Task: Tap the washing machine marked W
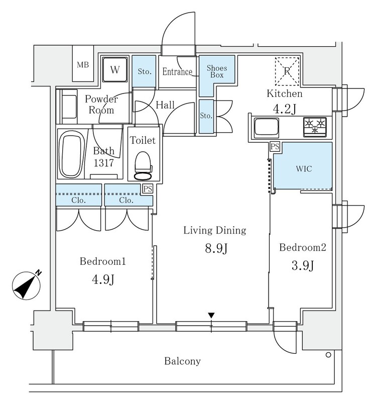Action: pyautogui.click(x=115, y=70)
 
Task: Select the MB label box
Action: pyautogui.click(x=82, y=64)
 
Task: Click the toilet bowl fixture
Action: pyautogui.click(x=143, y=164)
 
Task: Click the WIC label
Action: pyautogui.click(x=305, y=169)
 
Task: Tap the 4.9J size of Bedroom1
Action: pyautogui.click(x=102, y=280)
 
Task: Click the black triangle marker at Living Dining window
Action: pyautogui.click(x=212, y=315)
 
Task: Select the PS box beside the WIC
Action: pyautogui.click(x=275, y=146)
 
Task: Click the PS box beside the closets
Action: pyautogui.click(x=147, y=189)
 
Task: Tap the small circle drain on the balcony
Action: pyautogui.click(x=328, y=355)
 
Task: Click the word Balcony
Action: pyautogui.click(x=183, y=361)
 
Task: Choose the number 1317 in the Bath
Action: pyautogui.click(x=104, y=163)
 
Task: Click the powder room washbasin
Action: pyautogui.click(x=66, y=104)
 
